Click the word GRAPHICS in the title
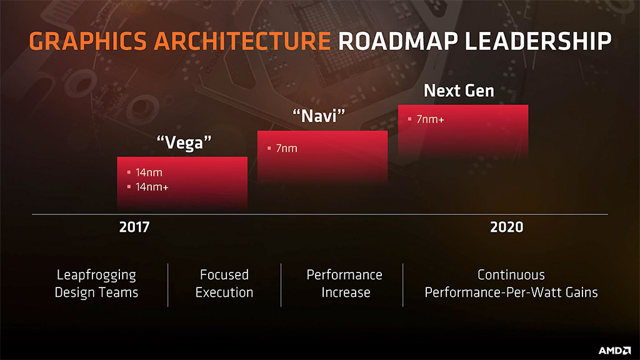click(x=87, y=41)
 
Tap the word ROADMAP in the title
click(x=398, y=41)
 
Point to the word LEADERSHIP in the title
click(x=538, y=41)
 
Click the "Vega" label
click(x=184, y=143)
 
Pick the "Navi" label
click(x=319, y=116)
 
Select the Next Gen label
click(x=459, y=91)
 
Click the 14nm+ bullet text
click(x=152, y=187)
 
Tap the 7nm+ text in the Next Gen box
click(x=430, y=119)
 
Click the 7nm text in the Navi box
click(x=286, y=148)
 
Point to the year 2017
click(x=134, y=227)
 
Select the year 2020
click(x=506, y=227)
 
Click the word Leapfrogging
click(x=96, y=276)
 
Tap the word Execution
click(x=224, y=292)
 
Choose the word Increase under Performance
click(x=346, y=292)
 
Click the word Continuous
click(x=511, y=275)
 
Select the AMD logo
click(x=615, y=350)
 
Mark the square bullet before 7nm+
click(x=409, y=119)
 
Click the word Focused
click(x=224, y=275)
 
